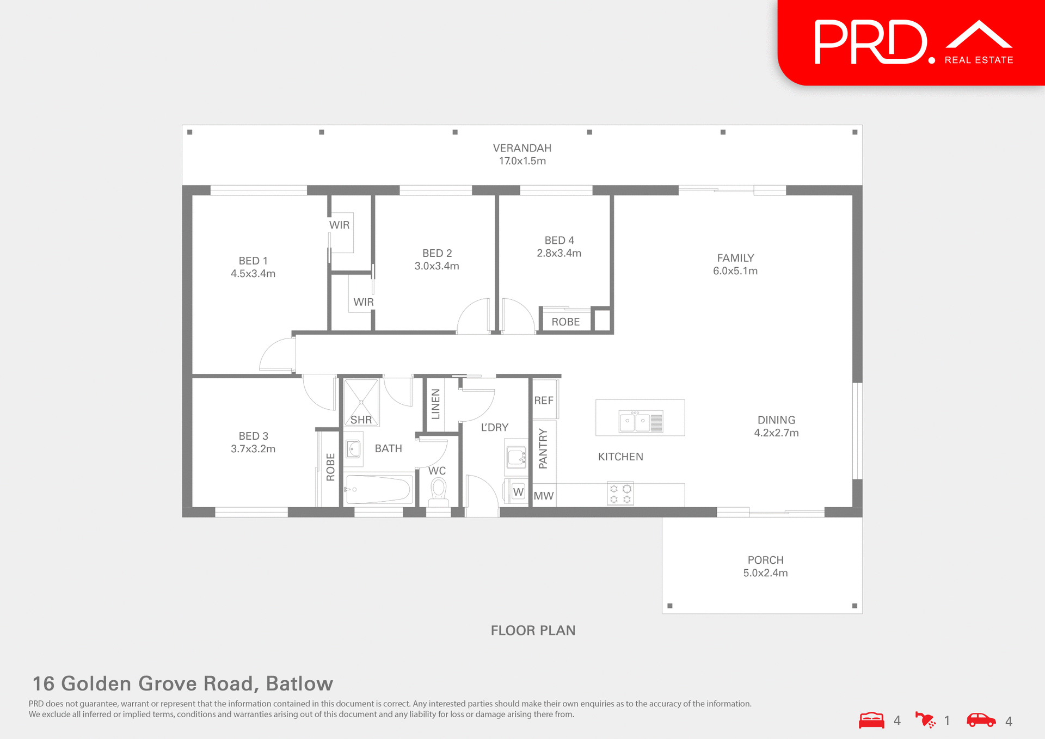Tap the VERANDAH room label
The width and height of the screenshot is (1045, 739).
point(522,148)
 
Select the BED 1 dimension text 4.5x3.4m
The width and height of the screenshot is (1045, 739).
point(253,274)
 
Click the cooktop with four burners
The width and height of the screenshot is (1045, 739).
point(620,494)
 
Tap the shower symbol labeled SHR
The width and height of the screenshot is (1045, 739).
point(361,403)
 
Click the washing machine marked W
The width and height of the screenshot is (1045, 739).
point(518,492)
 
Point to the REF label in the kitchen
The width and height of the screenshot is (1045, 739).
point(544,401)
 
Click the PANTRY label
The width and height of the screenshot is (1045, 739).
point(543,449)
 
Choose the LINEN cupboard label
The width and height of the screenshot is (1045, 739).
point(435,404)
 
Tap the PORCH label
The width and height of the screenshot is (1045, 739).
point(765,560)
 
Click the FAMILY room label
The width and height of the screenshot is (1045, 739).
point(735,258)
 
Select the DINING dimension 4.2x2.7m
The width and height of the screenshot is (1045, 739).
point(776,433)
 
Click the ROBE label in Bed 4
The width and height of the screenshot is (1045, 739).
point(565,322)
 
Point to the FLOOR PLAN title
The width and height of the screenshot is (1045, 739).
point(533,631)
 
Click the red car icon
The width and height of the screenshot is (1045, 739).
point(981,720)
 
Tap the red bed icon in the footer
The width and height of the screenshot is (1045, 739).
point(871,720)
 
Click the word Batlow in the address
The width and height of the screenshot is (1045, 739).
point(299,683)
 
